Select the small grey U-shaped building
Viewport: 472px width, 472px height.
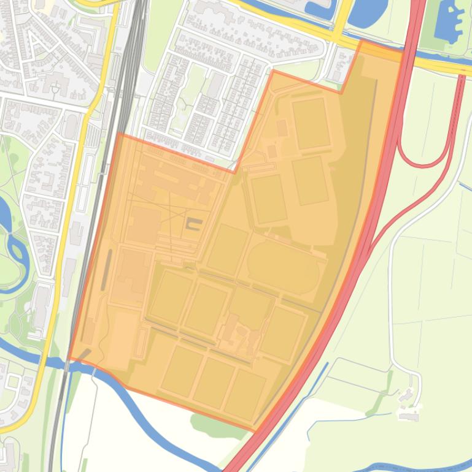pyautogui.click(x=194, y=224)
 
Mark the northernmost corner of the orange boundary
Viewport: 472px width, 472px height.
pyautogui.click(x=362, y=41)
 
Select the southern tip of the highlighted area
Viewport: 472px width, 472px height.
pyautogui.click(x=254, y=431)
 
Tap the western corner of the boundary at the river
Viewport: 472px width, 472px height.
pyautogui.click(x=69, y=358)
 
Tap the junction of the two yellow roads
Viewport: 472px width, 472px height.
pyautogui.click(x=340, y=39)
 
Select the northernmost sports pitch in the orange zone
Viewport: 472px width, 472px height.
pyautogui.click(x=311, y=123)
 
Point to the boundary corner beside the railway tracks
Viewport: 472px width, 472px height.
pyautogui.click(x=117, y=134)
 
